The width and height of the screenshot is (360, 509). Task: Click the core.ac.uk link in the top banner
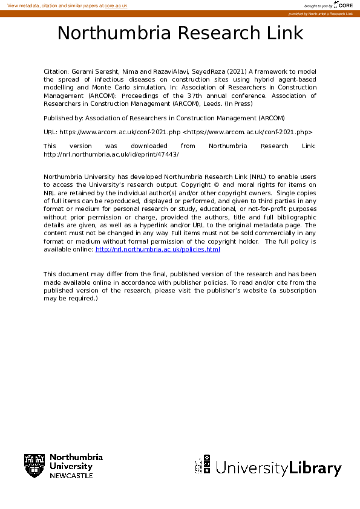pos(116,5)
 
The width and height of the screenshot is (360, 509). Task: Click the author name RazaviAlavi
pos(166,71)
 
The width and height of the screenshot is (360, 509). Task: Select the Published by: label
pos(64,118)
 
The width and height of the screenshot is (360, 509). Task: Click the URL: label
pos(50,131)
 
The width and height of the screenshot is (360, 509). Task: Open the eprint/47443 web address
pos(111,154)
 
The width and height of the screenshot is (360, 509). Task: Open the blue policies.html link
pos(158,249)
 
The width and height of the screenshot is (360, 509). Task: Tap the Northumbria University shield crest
pos(34,466)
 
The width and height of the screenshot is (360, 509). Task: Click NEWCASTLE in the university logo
pos(71,476)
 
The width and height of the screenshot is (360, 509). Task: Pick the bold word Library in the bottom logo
pos(315,468)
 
